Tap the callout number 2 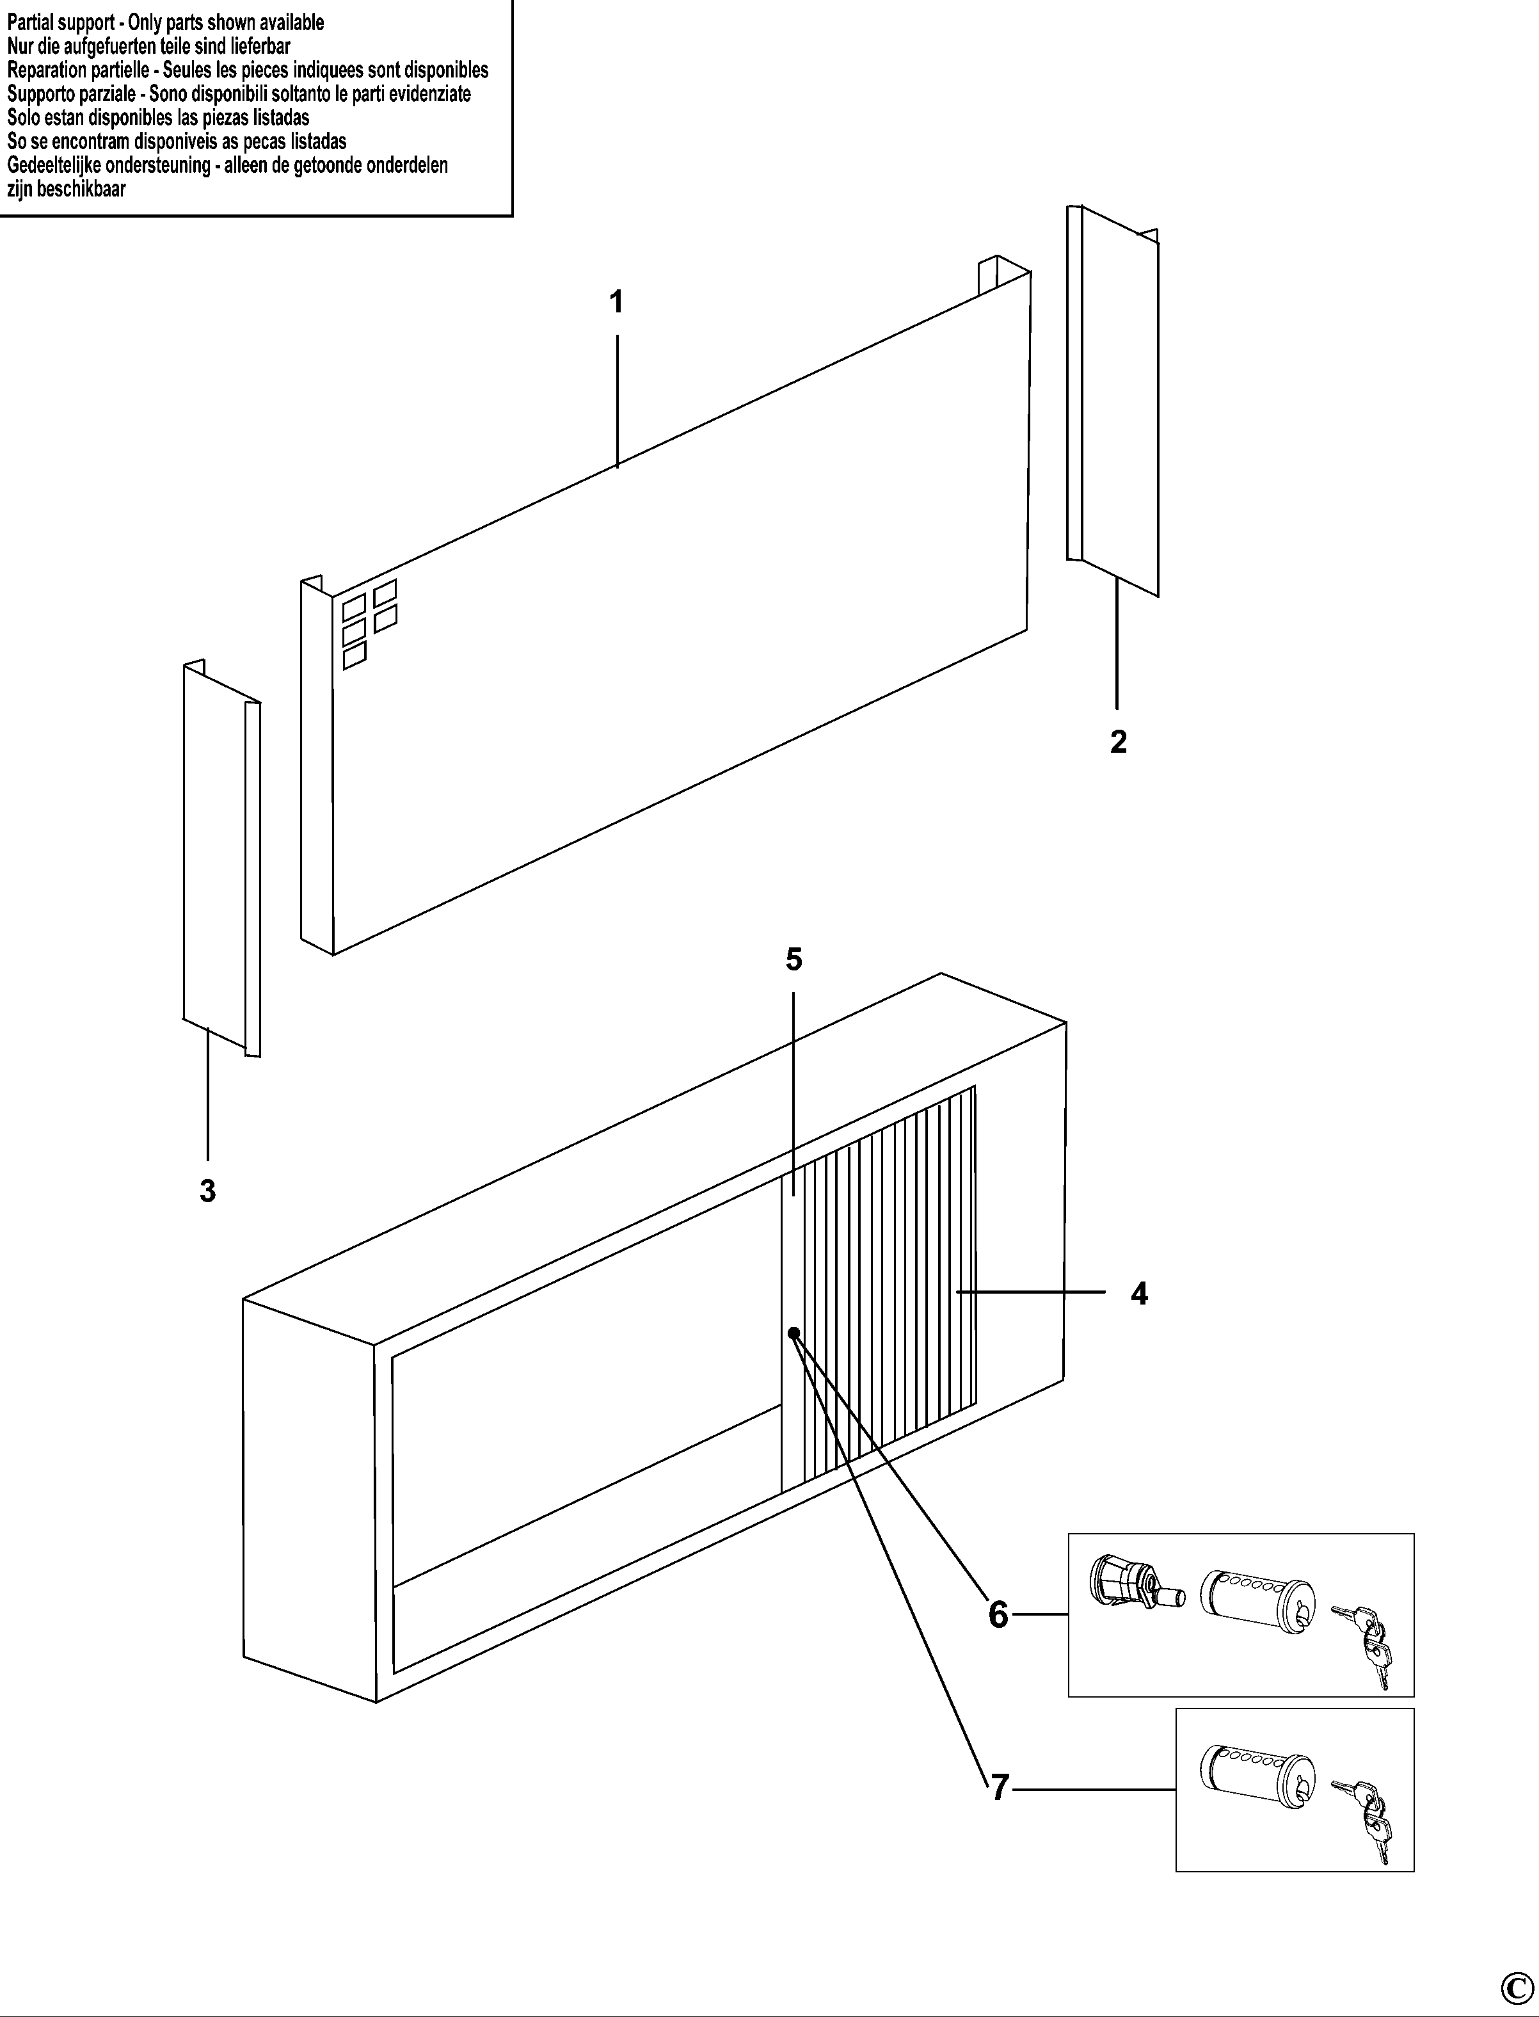tap(1117, 741)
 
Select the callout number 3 tap(208, 1191)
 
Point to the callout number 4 tap(1138, 1293)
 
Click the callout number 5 tap(793, 960)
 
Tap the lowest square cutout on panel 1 tap(354, 655)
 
